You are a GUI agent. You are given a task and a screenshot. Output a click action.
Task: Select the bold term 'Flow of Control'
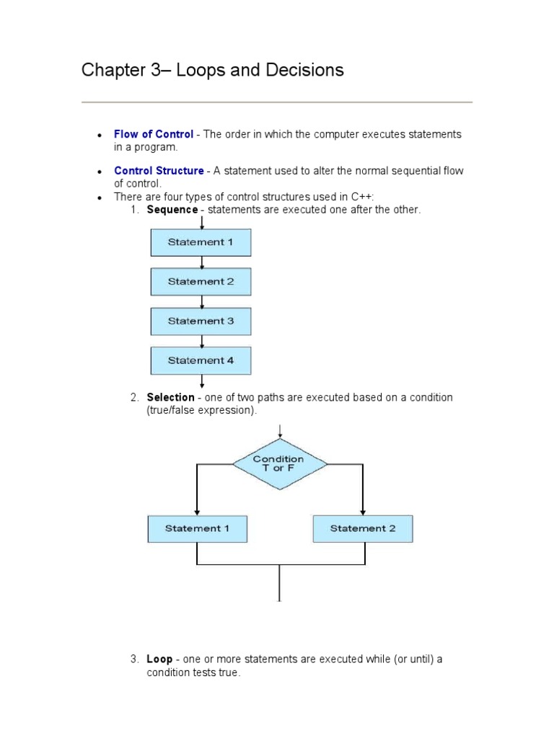click(x=154, y=134)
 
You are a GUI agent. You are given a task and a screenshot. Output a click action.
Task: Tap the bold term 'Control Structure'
click(x=159, y=171)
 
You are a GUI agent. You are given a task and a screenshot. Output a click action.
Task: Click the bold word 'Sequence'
click(x=172, y=209)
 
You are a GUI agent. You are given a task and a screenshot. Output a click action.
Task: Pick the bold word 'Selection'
click(x=170, y=397)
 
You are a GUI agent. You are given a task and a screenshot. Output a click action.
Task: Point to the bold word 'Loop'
click(x=159, y=659)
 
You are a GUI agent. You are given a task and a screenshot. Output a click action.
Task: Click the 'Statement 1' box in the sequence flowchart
click(x=201, y=242)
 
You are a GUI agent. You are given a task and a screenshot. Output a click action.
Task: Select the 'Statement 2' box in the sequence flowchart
click(x=201, y=282)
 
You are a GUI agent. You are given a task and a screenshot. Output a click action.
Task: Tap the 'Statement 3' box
click(x=201, y=321)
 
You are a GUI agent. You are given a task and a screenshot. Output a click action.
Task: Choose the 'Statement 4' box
click(x=201, y=360)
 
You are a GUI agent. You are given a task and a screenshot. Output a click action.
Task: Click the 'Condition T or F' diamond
click(x=279, y=463)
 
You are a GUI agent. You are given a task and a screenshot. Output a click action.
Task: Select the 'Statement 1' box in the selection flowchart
click(x=197, y=528)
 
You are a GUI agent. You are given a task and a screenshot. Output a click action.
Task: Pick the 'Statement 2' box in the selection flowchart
click(x=363, y=528)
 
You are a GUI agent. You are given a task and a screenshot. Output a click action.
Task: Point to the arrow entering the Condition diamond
click(x=279, y=430)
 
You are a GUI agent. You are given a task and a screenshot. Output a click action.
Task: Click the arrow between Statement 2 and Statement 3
click(x=201, y=301)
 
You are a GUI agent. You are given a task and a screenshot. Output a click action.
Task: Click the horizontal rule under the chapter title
click(x=277, y=102)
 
